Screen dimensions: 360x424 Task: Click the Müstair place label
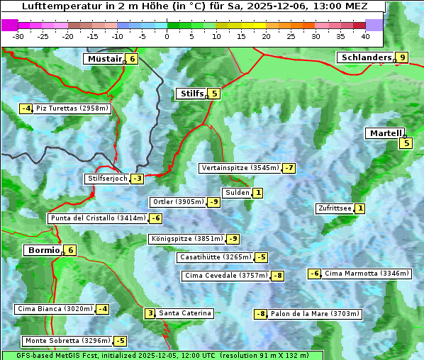(104, 59)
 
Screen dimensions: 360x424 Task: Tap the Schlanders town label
(366, 57)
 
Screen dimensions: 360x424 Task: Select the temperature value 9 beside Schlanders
(402, 57)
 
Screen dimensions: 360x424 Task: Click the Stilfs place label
(191, 93)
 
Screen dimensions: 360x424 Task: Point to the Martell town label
(384, 133)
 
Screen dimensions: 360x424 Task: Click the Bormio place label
(43, 250)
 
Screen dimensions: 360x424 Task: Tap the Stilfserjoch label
(107, 179)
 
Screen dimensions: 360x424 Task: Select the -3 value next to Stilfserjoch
(137, 179)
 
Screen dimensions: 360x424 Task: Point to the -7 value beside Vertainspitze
(289, 168)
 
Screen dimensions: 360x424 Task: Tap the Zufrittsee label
(334, 208)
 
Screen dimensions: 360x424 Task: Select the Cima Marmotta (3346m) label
(355, 274)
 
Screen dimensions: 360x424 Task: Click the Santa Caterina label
(184, 313)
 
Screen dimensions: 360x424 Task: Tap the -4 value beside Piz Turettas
(26, 108)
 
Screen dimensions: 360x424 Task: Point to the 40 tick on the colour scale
(365, 36)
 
